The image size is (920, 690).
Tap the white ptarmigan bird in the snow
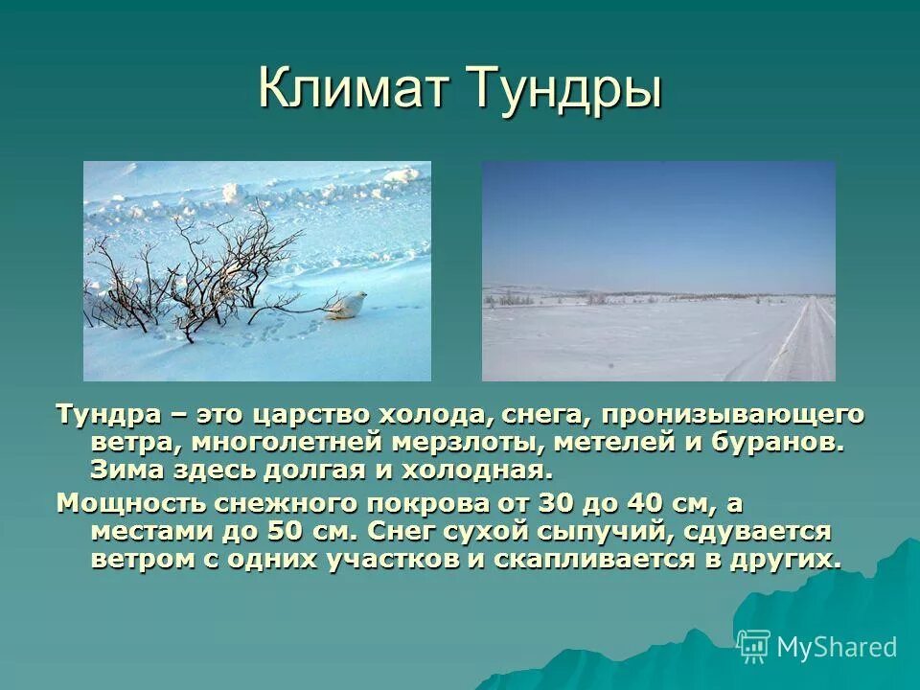click(x=344, y=305)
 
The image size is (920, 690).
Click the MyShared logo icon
click(x=753, y=646)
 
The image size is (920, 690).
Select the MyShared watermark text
click(x=837, y=647)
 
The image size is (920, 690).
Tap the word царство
click(x=311, y=415)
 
